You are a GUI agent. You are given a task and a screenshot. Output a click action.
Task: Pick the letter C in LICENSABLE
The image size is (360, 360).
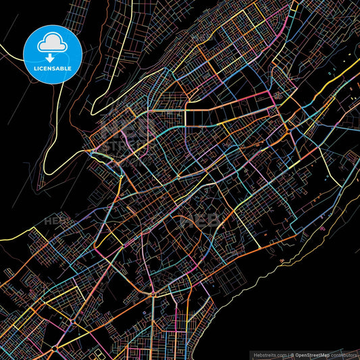(x=41, y=68)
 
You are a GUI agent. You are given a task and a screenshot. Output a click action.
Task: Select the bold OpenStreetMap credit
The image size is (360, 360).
(x=315, y=354)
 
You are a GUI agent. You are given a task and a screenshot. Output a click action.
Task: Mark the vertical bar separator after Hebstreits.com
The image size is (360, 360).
(x=289, y=354)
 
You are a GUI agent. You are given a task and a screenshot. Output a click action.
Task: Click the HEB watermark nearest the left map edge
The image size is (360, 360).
(x=55, y=220)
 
